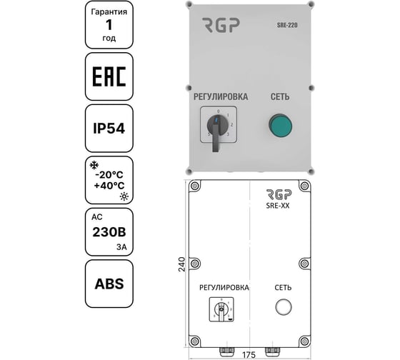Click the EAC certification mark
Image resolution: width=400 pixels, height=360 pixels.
point(109,76)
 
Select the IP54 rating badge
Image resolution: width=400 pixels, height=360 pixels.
point(109,129)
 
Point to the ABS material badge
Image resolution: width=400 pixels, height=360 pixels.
point(109,283)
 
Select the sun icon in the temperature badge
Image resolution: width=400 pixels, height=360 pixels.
point(124,195)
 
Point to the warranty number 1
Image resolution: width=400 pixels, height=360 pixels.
point(109,26)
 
